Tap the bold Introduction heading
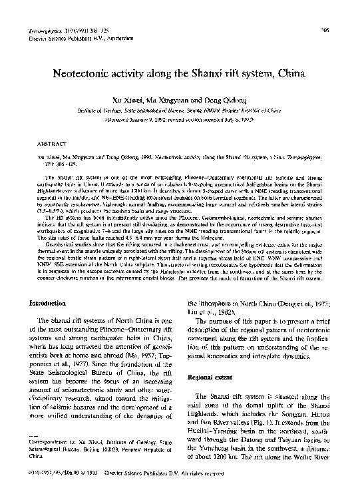(x=45, y=303)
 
